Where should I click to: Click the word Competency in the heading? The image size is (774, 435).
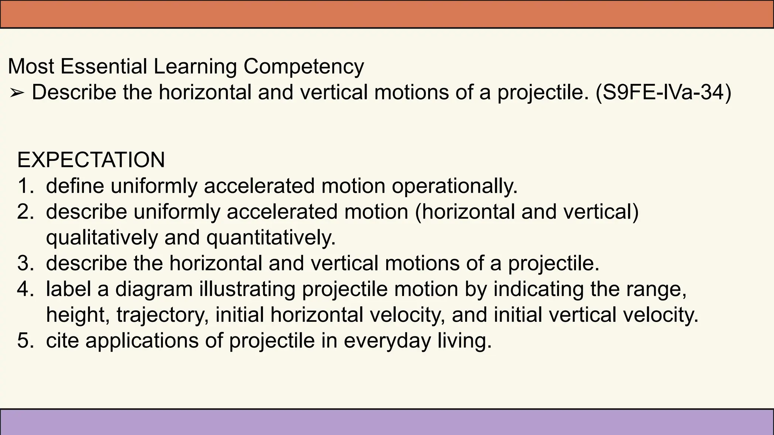coord(303,67)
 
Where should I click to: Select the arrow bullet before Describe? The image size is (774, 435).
coord(17,93)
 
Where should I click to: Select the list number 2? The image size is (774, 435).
coord(26,211)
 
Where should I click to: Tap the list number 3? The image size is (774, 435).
coord(26,263)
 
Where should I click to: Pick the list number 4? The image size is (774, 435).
coord(26,289)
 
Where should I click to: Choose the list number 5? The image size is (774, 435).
coord(26,340)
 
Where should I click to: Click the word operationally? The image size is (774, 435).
coord(454,186)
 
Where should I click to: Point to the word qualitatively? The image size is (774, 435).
coord(102,238)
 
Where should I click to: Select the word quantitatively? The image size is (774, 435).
coord(271,238)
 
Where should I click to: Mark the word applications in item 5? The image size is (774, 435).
coord(142,341)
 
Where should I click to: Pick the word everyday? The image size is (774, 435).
coord(387,341)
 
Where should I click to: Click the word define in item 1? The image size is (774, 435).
coord(75,186)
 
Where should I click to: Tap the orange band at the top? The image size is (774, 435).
coord(387,14)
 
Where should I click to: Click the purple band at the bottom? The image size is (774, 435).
coord(387,422)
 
